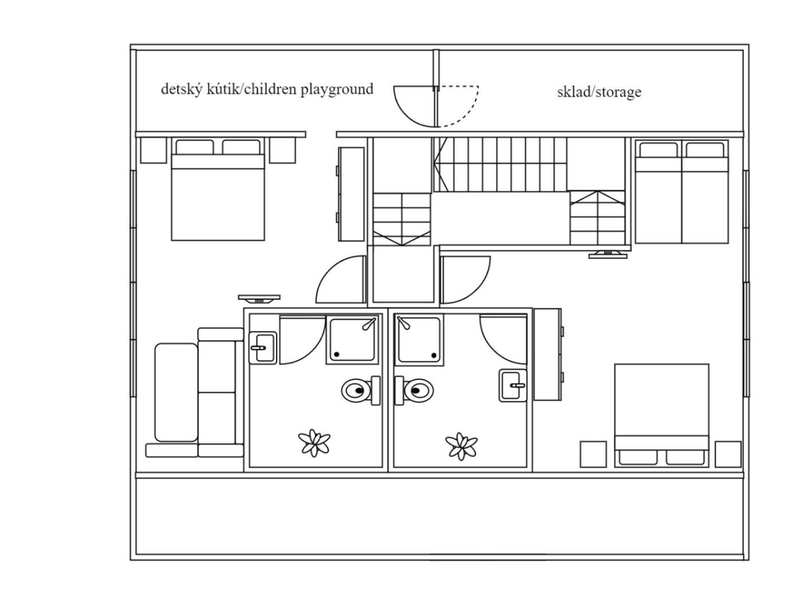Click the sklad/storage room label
tap(598, 92)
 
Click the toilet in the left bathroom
tap(360, 390)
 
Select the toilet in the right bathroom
tap(413, 390)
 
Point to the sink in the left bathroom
tap(263, 348)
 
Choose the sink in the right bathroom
tap(513, 385)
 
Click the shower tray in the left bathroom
tap(352, 340)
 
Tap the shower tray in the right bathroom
tap(419, 340)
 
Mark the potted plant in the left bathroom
tap(314, 443)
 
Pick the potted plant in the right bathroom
tap(461, 446)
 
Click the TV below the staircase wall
tap(608, 254)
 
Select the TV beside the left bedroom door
tap(259, 298)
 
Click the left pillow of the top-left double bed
tap(195, 147)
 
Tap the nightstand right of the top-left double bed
tap(282, 150)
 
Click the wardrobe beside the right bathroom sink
tap(548, 355)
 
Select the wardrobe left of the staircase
tap(350, 194)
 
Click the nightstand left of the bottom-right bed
tap(593, 454)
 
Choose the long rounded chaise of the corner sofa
tap(176, 392)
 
